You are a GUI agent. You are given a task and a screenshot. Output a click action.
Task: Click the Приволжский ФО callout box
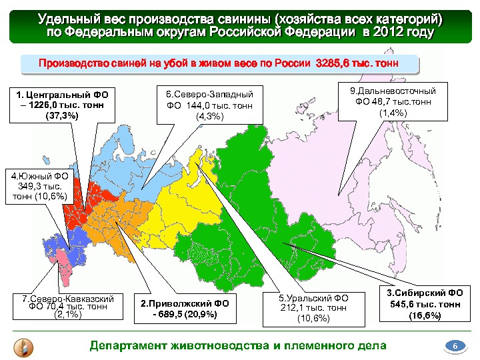(x=184, y=309)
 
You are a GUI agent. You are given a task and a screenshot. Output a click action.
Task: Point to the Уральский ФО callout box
(x=313, y=308)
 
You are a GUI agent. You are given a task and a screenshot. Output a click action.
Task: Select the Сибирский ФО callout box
(x=425, y=304)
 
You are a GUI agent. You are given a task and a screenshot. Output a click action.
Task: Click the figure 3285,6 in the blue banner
(x=333, y=64)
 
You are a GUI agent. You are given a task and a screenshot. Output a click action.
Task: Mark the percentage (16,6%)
(x=425, y=315)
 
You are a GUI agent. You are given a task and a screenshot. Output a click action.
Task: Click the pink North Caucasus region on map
(x=65, y=263)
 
